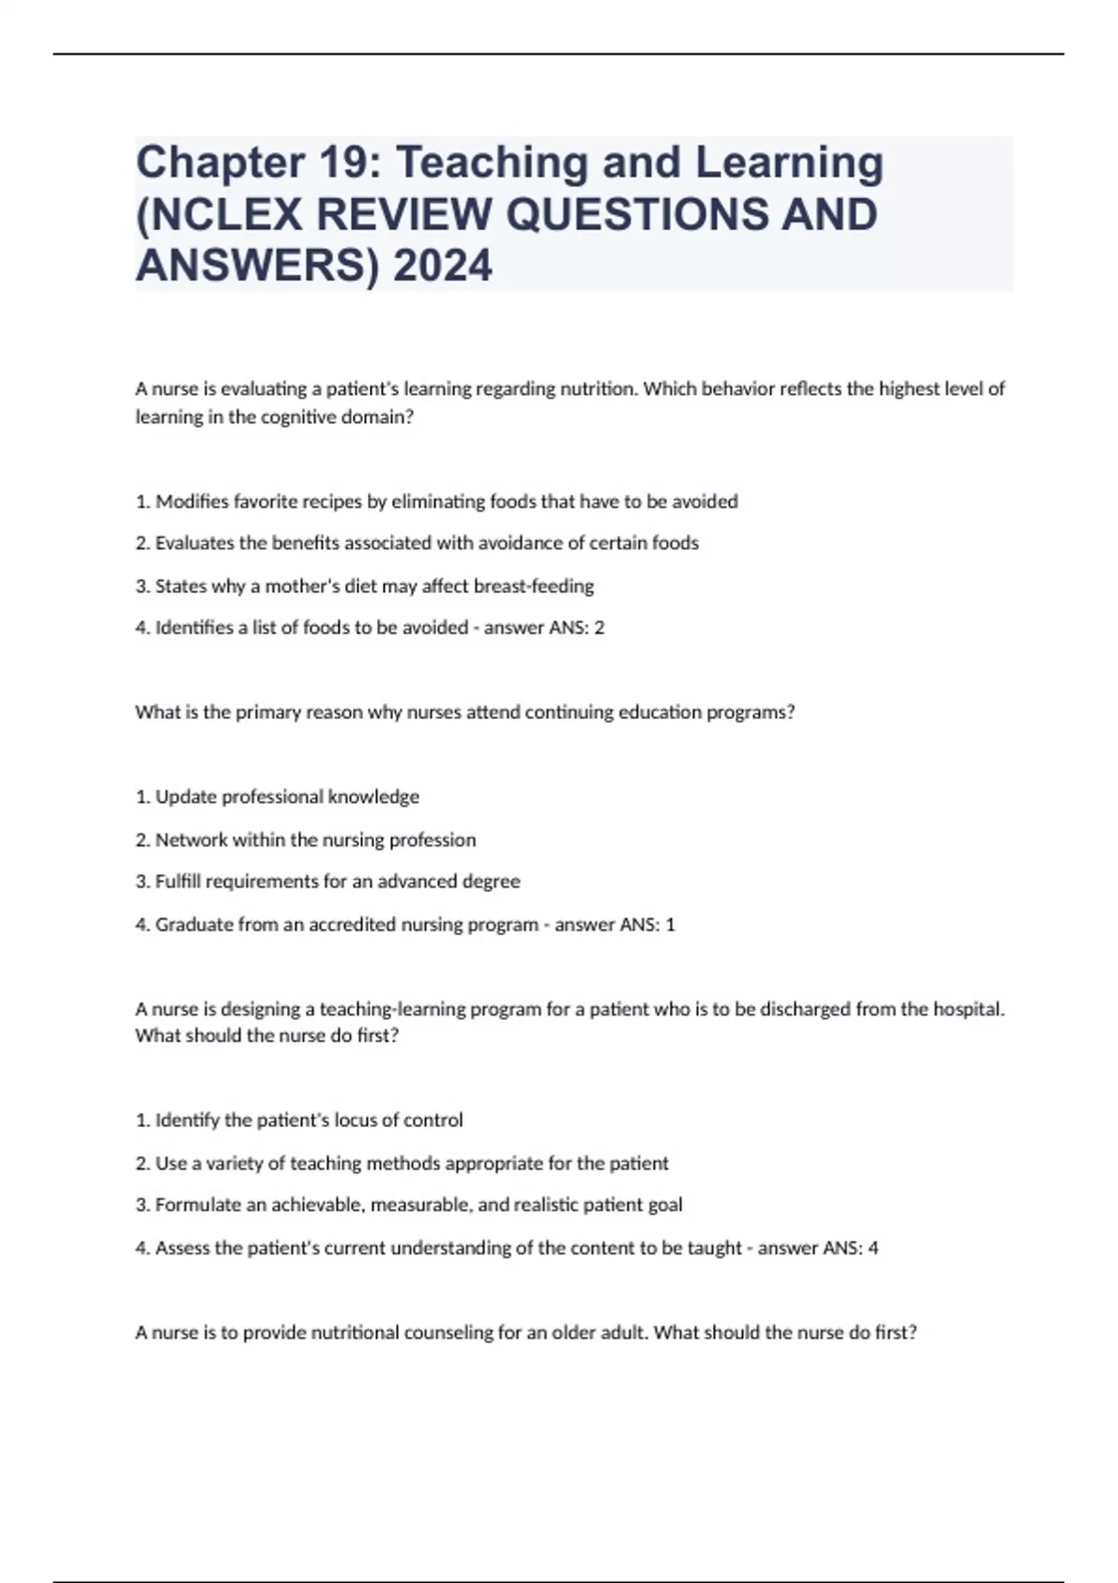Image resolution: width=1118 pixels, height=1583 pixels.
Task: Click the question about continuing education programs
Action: pyautogui.click(x=465, y=712)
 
